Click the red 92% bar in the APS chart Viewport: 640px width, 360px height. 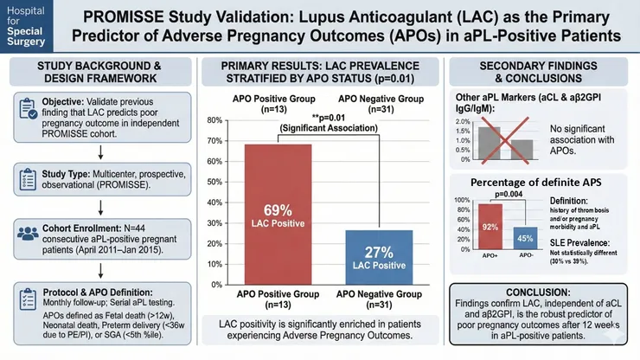[491, 226]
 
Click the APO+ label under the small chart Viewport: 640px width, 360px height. [491, 257]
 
